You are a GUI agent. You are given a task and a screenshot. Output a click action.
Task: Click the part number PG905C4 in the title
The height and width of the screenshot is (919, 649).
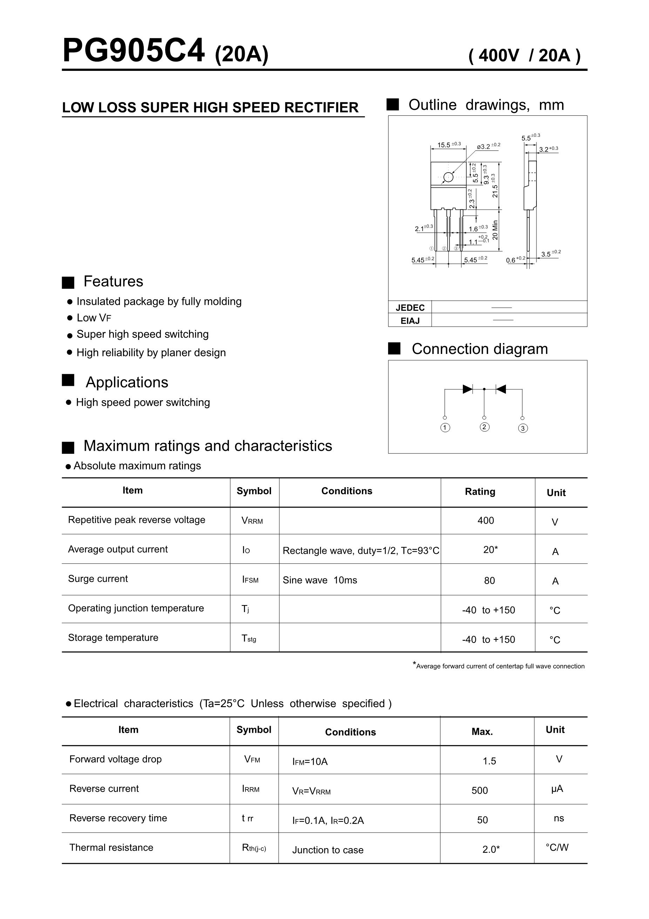pyautogui.click(x=134, y=51)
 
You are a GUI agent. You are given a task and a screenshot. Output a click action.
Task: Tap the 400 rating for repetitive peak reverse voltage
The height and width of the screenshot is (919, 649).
pyautogui.click(x=485, y=520)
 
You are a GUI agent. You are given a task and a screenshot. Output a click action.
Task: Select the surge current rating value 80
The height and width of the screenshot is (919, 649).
pyautogui.click(x=489, y=581)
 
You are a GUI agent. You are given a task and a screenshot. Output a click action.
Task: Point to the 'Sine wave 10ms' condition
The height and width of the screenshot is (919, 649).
pyautogui.click(x=320, y=580)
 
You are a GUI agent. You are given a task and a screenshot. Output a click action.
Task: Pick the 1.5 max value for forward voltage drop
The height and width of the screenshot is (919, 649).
pyautogui.click(x=489, y=761)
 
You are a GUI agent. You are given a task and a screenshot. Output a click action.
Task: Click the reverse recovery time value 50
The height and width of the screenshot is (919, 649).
pyautogui.click(x=482, y=820)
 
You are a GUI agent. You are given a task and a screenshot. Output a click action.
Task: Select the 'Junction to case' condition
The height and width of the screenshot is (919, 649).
pyautogui.click(x=328, y=850)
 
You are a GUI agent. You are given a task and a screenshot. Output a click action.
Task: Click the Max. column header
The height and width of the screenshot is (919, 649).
pyautogui.click(x=482, y=732)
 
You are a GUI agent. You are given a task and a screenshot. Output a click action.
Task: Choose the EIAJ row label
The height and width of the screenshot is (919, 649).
pyautogui.click(x=410, y=321)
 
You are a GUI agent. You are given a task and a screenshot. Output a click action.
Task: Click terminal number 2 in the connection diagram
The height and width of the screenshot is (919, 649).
pyautogui.click(x=484, y=427)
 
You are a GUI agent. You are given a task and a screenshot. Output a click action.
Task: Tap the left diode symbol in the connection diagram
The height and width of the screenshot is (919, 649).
pyautogui.click(x=467, y=389)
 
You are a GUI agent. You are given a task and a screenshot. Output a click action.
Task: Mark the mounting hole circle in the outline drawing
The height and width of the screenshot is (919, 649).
pyautogui.click(x=448, y=177)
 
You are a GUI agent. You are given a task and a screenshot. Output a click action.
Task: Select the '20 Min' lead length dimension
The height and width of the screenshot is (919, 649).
pyautogui.click(x=495, y=230)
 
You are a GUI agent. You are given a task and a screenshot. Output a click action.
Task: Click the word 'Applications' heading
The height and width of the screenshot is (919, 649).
pyautogui.click(x=127, y=382)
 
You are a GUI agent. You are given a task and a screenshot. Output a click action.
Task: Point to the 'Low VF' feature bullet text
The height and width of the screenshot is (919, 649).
pyautogui.click(x=94, y=318)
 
